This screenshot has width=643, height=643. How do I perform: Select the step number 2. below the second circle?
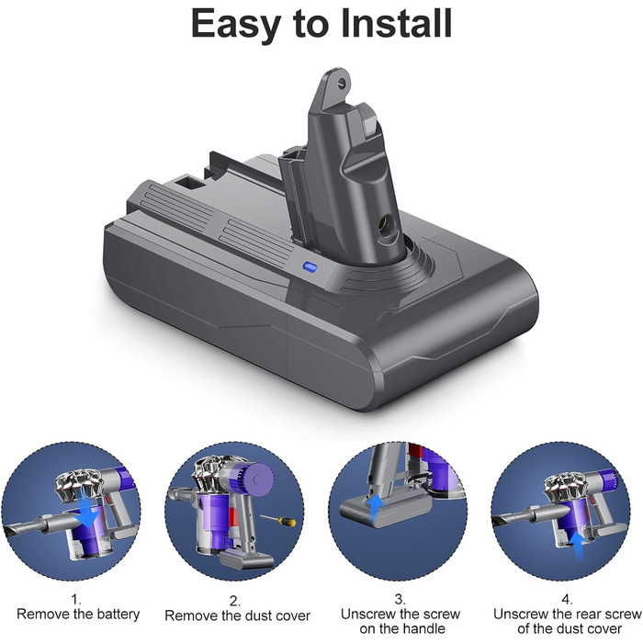(x=235, y=600)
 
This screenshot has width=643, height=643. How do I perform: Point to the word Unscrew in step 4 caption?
(x=522, y=613)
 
